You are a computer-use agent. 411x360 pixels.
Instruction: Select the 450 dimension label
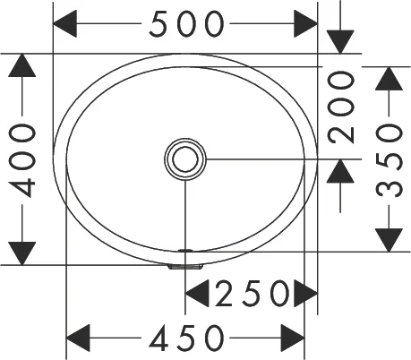click(186, 338)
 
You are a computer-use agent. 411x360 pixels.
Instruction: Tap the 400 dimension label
click(23, 159)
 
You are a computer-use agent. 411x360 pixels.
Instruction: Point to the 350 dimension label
click(389, 159)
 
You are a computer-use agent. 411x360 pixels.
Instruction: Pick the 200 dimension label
click(340, 107)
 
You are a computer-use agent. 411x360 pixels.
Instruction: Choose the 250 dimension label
click(251, 292)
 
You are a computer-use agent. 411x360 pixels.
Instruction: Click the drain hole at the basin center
click(185, 159)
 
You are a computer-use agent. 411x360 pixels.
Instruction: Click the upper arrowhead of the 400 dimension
click(23, 68)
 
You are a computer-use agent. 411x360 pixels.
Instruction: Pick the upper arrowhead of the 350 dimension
click(389, 81)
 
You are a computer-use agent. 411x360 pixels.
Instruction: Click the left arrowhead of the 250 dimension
click(199, 292)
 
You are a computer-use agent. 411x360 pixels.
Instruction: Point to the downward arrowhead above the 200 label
click(340, 41)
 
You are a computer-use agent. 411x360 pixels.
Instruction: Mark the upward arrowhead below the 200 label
click(340, 172)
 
